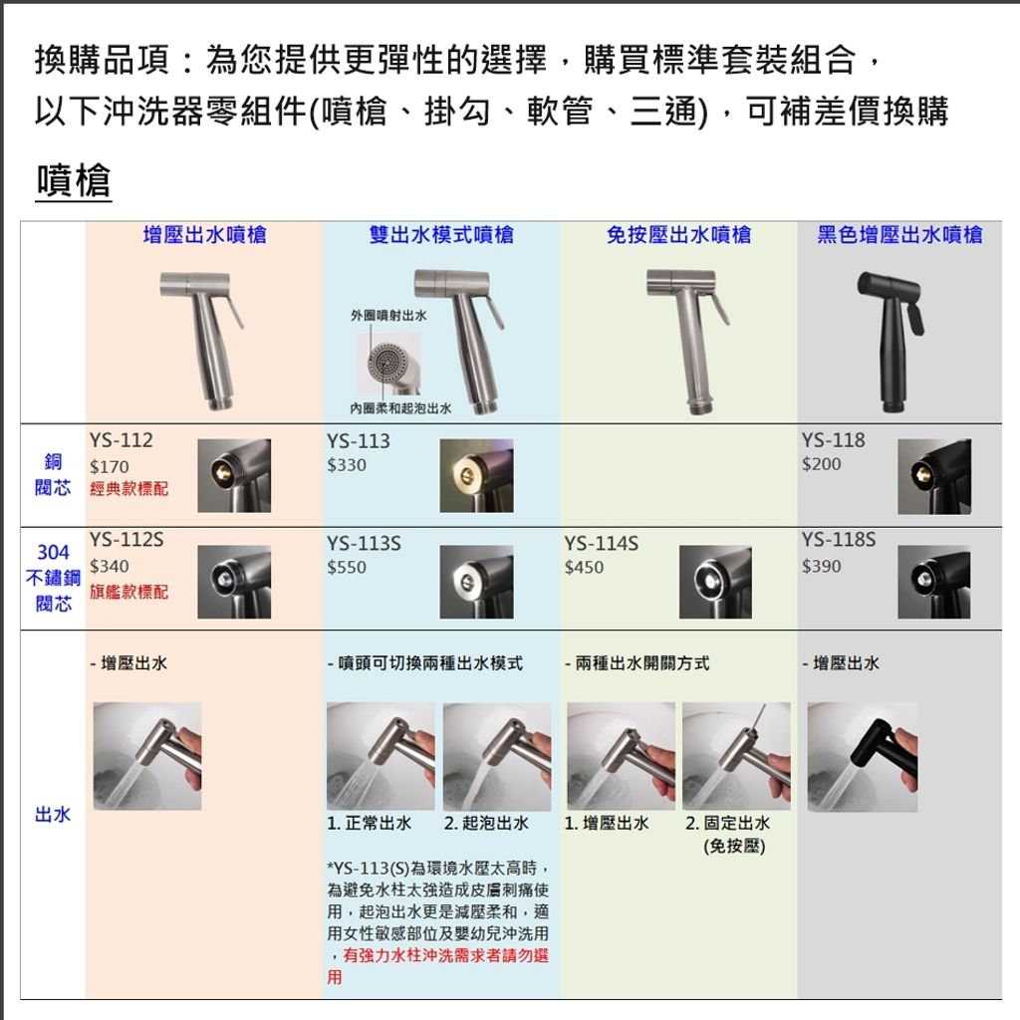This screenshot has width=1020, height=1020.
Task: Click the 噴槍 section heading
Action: pyautogui.click(x=73, y=180)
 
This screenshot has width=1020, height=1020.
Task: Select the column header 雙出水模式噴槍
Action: pyautogui.click(x=441, y=235)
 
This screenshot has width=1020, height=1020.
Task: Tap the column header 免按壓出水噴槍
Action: pyautogui.click(x=678, y=235)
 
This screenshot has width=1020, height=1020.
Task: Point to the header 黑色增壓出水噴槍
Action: pyautogui.click(x=899, y=235)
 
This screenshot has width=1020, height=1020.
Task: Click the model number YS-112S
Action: pyautogui.click(x=127, y=540)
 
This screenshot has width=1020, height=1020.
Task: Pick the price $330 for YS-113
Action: pyautogui.click(x=346, y=465)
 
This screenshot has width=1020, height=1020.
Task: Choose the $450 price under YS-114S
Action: pyautogui.click(x=584, y=567)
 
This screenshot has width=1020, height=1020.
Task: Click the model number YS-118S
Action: pyautogui.click(x=839, y=540)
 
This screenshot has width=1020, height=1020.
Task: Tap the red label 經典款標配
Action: pyautogui.click(x=128, y=488)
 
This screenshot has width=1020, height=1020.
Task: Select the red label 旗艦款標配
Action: pyautogui.click(x=128, y=592)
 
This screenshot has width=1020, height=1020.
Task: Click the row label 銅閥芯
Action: pyautogui.click(x=53, y=475)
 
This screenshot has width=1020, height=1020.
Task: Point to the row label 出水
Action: pyautogui.click(x=53, y=815)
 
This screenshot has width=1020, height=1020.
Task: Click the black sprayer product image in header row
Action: pyautogui.click(x=891, y=343)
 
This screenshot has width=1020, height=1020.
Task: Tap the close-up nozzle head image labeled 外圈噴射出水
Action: pyautogui.click(x=389, y=364)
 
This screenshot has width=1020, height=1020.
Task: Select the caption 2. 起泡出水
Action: pyautogui.click(x=486, y=824)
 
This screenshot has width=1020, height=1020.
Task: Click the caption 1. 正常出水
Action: pyautogui.click(x=369, y=824)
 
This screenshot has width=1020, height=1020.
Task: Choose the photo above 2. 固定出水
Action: pyautogui.click(x=736, y=756)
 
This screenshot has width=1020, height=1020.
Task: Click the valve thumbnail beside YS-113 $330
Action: pyautogui.click(x=476, y=475)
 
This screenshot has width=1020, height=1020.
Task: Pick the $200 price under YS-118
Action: pyautogui.click(x=821, y=464)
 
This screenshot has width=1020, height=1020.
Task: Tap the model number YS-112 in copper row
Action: pyautogui.click(x=121, y=440)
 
